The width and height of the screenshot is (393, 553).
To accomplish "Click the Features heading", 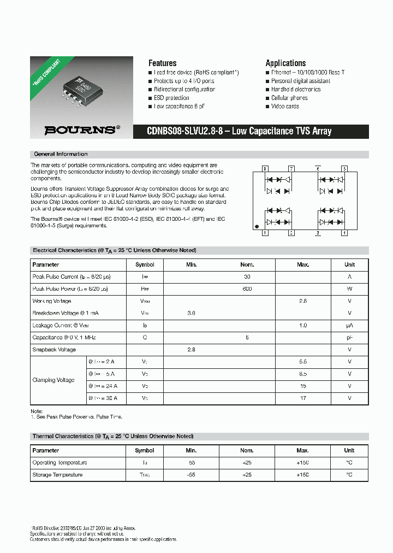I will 162,63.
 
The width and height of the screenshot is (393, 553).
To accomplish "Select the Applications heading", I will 285,63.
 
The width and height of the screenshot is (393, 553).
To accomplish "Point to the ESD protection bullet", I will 171,98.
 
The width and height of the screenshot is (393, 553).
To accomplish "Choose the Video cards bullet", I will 285,106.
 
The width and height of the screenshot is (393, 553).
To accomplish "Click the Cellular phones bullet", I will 289,98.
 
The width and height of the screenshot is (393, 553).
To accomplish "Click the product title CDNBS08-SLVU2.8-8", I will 239,131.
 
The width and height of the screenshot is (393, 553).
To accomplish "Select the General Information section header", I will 61,154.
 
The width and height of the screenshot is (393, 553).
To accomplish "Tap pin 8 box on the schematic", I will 265,169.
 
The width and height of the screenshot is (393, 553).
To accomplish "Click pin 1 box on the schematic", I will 265,233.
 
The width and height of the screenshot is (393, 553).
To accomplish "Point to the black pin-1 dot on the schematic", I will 257,226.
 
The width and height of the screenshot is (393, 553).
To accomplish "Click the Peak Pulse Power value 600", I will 247,289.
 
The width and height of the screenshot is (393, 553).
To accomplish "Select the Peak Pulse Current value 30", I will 247,276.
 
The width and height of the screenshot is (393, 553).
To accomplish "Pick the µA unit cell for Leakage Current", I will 349,325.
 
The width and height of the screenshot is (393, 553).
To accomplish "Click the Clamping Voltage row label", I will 53,380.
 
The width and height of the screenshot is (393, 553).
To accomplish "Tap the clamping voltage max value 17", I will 303,398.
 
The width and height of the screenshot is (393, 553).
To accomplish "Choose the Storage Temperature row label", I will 57,475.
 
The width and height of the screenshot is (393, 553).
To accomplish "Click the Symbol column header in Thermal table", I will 145,451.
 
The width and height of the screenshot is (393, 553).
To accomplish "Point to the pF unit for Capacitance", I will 349,338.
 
